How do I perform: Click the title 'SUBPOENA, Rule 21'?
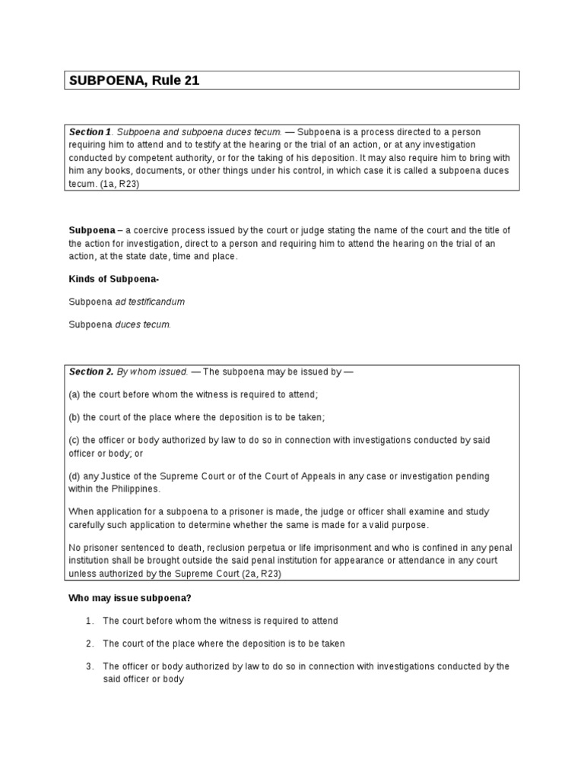134,81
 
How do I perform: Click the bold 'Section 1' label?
90,132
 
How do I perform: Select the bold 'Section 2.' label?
91,372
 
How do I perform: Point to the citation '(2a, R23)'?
260,574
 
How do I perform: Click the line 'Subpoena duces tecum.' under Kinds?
120,324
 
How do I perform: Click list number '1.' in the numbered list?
90,621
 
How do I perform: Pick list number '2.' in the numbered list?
90,644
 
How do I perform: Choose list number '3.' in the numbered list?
90,666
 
